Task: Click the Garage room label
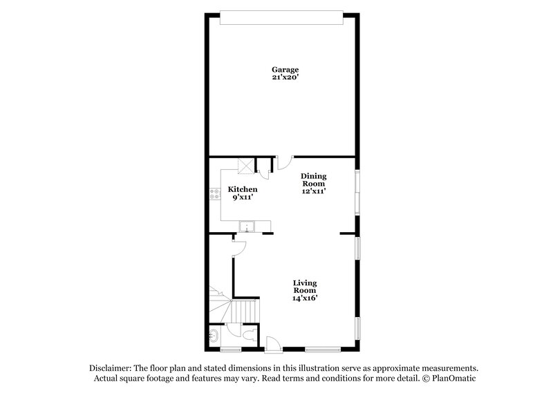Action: pos(284,70)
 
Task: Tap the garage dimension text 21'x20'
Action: pos(284,78)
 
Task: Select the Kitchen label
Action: pos(243,189)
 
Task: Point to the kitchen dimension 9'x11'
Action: pos(243,198)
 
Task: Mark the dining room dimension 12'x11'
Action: pos(312,192)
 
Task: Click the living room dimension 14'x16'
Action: pos(304,298)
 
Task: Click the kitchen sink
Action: pos(246,227)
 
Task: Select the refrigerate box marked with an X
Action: pos(246,165)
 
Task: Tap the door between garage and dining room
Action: pos(283,163)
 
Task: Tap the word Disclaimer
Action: pos(111,368)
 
